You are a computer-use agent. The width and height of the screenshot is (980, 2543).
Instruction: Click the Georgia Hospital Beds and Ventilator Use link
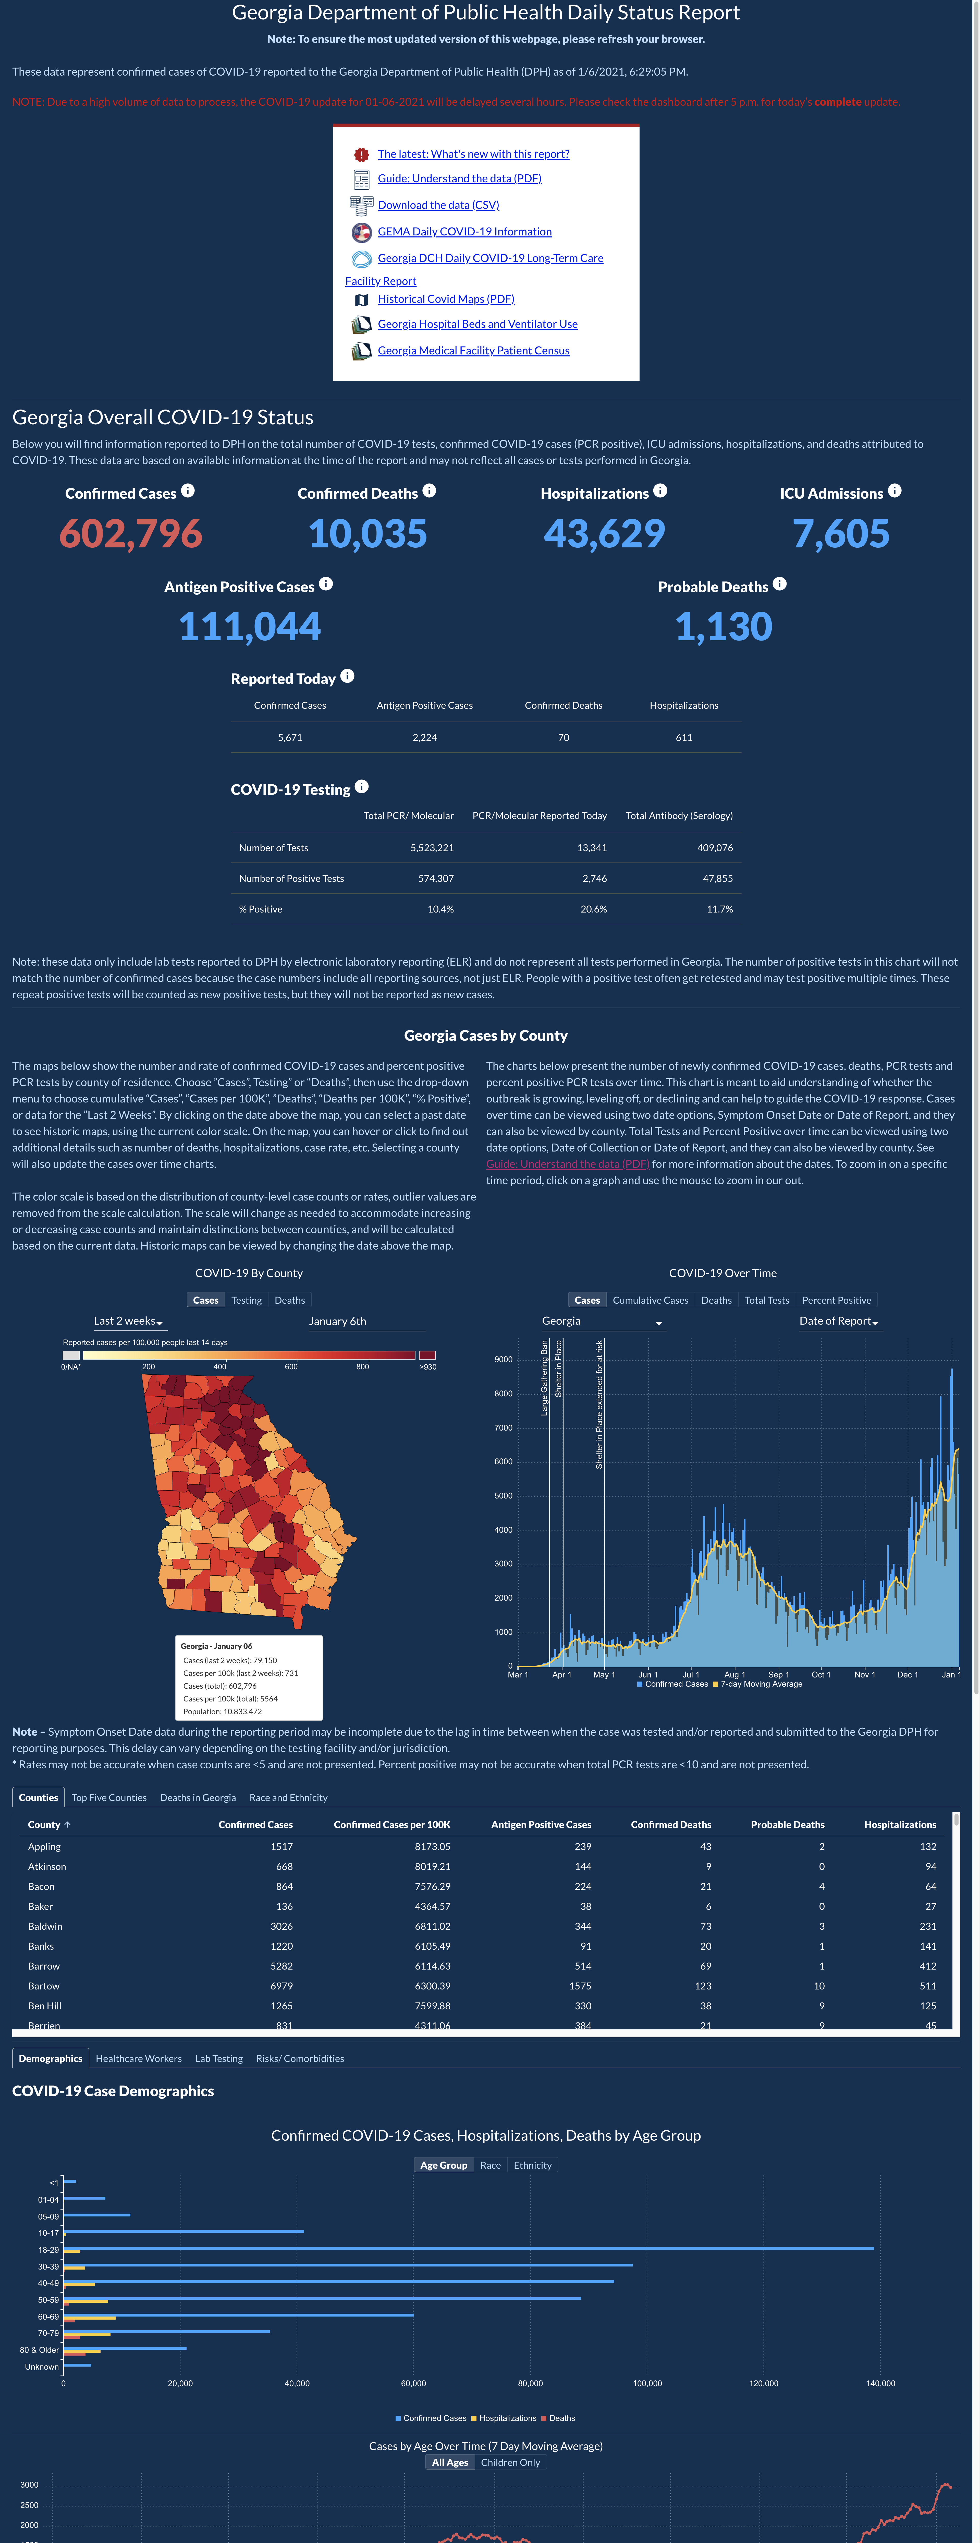478,324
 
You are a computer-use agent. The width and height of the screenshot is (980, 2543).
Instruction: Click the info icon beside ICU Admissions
894,491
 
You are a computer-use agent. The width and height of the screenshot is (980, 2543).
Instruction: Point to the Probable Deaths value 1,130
724,627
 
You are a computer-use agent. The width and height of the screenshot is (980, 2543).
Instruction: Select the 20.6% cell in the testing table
593,909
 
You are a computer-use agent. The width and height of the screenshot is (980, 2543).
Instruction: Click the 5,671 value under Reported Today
290,737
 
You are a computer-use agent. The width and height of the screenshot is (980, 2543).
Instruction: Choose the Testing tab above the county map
247,1300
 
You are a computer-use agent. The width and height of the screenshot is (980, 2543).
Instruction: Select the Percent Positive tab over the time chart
837,1300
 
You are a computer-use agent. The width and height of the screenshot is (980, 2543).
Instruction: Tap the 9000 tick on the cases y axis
503,1359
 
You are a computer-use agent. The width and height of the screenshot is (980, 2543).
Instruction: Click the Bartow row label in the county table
43,1986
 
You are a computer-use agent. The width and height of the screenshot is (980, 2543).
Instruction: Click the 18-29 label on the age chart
48,2250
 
